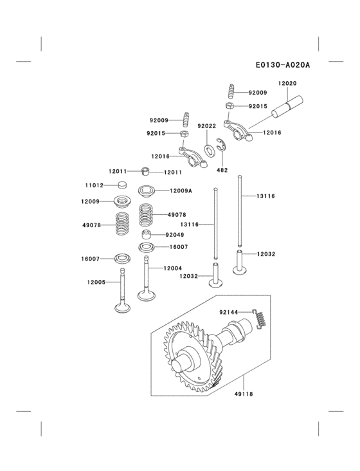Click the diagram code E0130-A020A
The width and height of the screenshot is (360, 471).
(283, 65)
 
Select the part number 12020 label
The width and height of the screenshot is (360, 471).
(287, 84)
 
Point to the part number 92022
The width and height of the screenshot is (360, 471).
(206, 126)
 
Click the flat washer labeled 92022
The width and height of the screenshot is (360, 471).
(210, 152)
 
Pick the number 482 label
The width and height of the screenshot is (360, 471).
(222, 170)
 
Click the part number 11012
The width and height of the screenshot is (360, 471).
(94, 185)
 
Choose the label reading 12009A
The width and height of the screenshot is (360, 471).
(181, 190)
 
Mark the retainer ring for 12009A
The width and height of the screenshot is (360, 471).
(147, 190)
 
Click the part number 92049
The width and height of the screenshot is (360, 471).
(175, 235)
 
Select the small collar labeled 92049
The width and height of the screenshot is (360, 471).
(147, 234)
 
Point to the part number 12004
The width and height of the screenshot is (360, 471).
(172, 268)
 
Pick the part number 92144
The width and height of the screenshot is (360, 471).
(229, 313)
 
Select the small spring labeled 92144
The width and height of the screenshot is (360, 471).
(258, 318)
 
